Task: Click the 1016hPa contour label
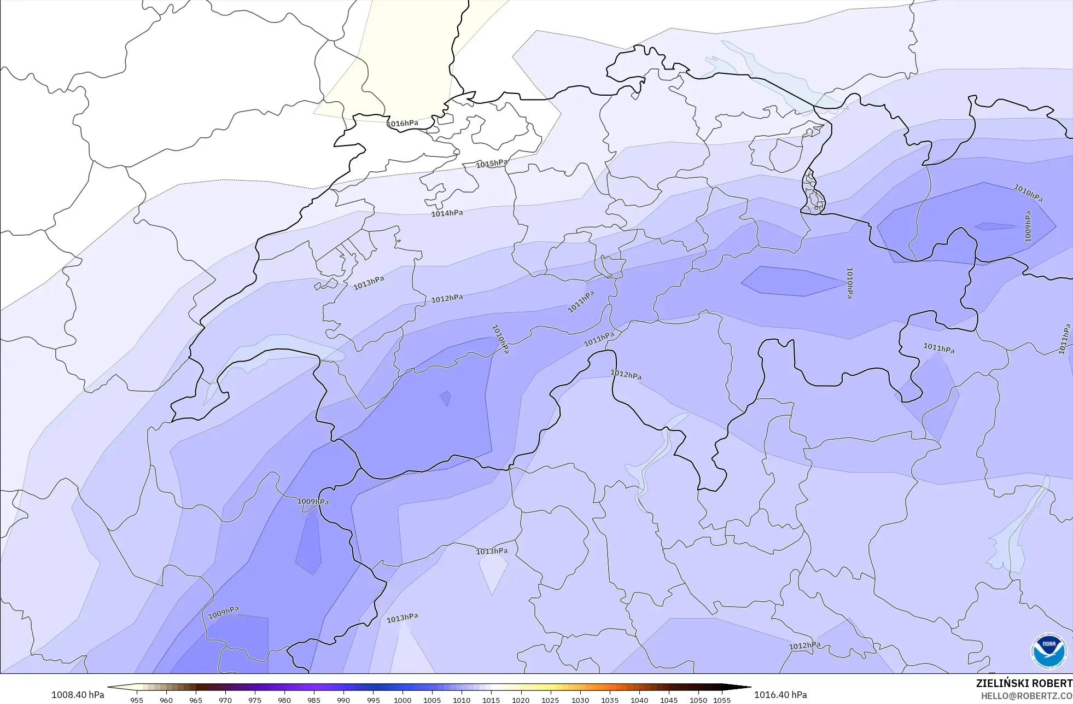click(403, 124)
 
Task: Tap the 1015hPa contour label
click(491, 164)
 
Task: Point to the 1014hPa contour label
click(447, 213)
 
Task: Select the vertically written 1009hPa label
click(1028, 227)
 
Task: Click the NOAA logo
click(1048, 651)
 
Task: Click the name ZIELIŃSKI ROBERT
click(1024, 683)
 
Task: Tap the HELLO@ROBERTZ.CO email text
click(1027, 696)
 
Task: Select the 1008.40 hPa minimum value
click(78, 695)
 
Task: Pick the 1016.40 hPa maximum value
click(780, 695)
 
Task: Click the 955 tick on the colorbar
click(137, 700)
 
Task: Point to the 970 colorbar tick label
click(225, 700)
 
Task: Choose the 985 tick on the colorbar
click(314, 700)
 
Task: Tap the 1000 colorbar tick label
click(403, 700)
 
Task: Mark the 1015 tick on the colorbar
click(491, 700)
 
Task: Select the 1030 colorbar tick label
click(580, 700)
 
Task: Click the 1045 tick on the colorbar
click(669, 700)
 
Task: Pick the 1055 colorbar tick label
click(722, 700)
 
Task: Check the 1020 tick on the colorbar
click(521, 700)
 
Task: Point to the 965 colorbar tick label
click(196, 700)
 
